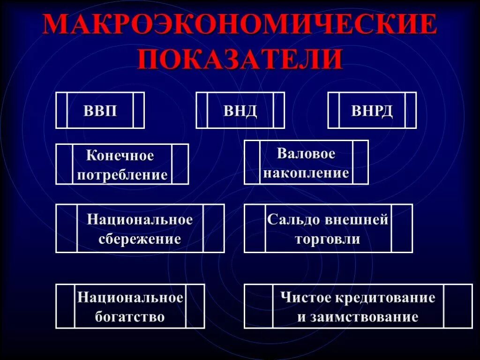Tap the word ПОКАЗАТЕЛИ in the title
coord(240,58)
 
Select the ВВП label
coord(100,111)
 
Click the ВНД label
coord(240,111)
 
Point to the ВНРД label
coord(372,111)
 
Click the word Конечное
coord(120,156)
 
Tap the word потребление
coord(122,175)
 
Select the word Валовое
coord(306,154)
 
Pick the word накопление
coord(306,173)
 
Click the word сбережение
coord(140,239)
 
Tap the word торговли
coord(328,239)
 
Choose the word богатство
coord(130,317)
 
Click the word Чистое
coord(305,298)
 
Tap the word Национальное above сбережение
coord(140,219)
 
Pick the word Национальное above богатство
coord(130,298)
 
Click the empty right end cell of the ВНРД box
coord(411,110)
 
